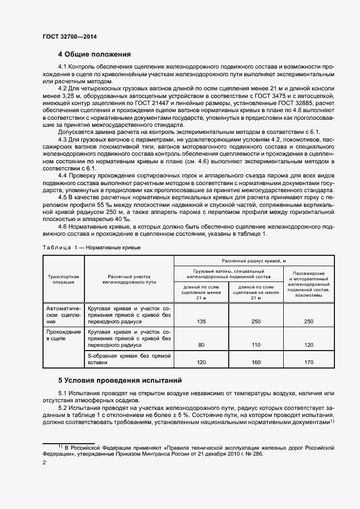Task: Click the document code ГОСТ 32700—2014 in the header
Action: click(x=69, y=38)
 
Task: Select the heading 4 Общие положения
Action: click(x=94, y=54)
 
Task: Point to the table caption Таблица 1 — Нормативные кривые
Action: click(x=91, y=247)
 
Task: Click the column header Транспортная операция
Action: click(x=64, y=279)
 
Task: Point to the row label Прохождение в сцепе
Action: click(x=64, y=335)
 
